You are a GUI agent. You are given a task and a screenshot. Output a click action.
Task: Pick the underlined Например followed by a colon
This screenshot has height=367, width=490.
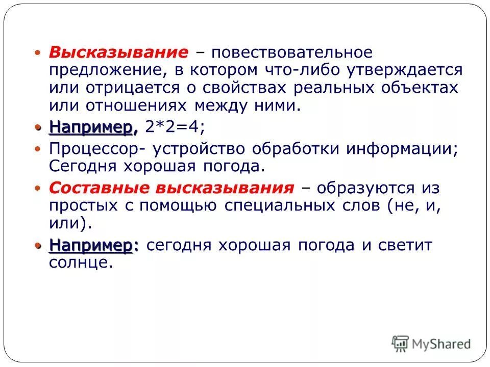coord(93,246)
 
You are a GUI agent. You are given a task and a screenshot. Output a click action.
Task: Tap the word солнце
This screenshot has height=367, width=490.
coord(80,263)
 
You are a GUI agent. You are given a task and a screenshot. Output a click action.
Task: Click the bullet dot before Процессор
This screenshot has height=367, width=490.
coord(37,149)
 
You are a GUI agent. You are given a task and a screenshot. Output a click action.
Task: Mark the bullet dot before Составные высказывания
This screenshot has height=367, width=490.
coord(37,188)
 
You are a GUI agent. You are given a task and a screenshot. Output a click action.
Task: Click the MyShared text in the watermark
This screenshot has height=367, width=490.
coord(442,344)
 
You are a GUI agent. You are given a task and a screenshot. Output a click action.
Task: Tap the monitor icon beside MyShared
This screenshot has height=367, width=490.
coord(400,343)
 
